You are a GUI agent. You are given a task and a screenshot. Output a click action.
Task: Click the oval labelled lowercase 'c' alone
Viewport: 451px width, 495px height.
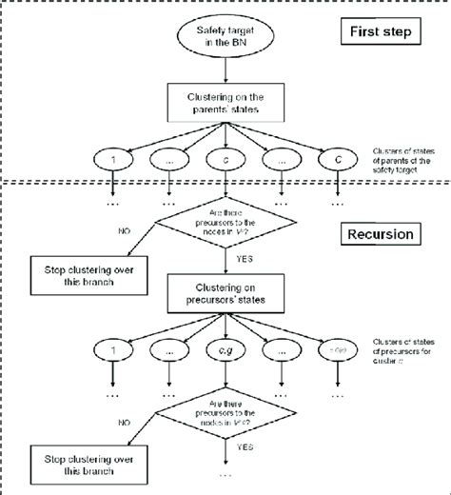[x=225, y=158]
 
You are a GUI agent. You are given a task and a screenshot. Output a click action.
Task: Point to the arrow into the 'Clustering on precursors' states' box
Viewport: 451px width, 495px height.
[x=225, y=266]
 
